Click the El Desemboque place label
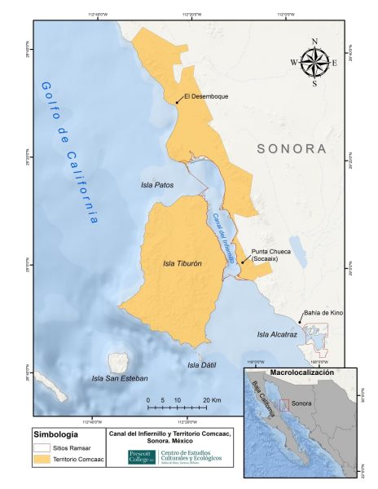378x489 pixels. point(206,96)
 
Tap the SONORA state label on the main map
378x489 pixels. point(291,149)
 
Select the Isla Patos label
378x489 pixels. point(156,185)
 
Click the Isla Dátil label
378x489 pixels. point(201,365)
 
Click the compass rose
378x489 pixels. point(314,61)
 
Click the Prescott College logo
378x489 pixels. point(141,458)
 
